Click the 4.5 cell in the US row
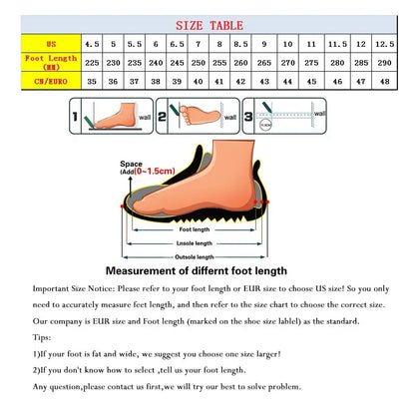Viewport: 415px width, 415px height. [92, 44]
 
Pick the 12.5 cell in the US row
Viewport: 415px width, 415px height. [384, 44]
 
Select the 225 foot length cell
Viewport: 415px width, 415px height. [92, 63]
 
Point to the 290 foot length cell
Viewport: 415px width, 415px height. [384, 63]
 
